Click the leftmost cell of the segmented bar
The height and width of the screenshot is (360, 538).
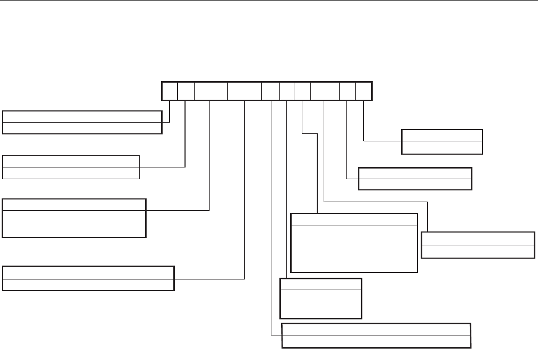(x=170, y=91)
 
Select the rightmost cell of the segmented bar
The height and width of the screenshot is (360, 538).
(x=363, y=91)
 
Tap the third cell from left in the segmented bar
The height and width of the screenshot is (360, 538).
(x=211, y=91)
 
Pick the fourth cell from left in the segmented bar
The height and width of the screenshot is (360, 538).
(x=244, y=91)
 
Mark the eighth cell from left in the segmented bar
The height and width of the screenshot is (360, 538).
(x=325, y=91)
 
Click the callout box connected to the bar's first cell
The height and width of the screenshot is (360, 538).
(x=82, y=122)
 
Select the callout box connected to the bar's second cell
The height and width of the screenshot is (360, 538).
(x=71, y=167)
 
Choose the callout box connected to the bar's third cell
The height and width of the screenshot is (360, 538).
(x=74, y=218)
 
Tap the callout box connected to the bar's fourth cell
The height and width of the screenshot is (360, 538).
(x=89, y=278)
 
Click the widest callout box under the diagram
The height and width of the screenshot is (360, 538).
(x=376, y=335)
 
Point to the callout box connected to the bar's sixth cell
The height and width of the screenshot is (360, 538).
(x=321, y=298)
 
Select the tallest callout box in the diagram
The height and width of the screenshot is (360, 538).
(x=354, y=243)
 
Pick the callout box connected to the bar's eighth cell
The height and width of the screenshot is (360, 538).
(x=478, y=245)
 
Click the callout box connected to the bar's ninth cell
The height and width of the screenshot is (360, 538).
(x=415, y=179)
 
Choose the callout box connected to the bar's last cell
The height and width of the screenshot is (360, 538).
(x=442, y=141)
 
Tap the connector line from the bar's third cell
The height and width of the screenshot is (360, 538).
(x=210, y=160)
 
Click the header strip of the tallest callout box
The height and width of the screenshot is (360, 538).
(x=354, y=219)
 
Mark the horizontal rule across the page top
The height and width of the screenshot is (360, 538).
(x=269, y=1)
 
